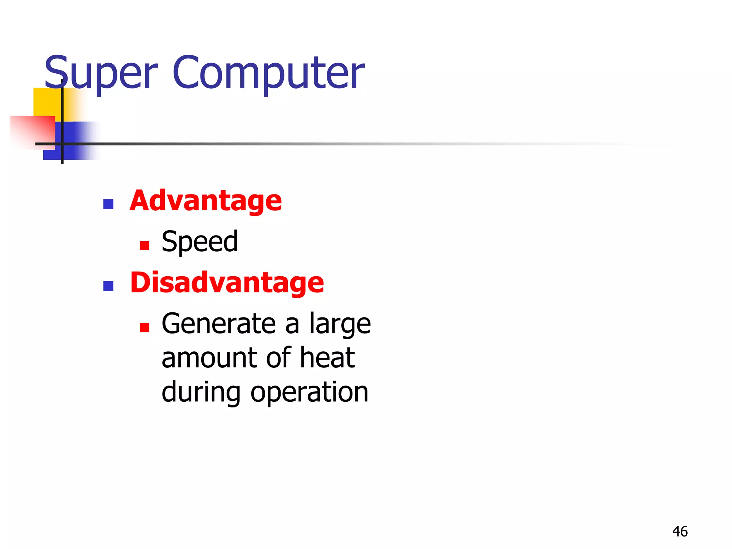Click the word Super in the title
[x=101, y=73]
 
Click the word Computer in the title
[x=268, y=73]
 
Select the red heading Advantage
[x=206, y=201]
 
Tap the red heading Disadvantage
[x=227, y=283]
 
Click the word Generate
[x=218, y=324]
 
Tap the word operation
[x=309, y=392]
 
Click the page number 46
[x=680, y=531]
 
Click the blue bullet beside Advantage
[x=108, y=204]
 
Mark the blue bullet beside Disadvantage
[x=108, y=286]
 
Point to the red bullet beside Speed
[x=144, y=245]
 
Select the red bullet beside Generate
[x=144, y=327]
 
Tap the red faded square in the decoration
[x=32, y=130]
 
